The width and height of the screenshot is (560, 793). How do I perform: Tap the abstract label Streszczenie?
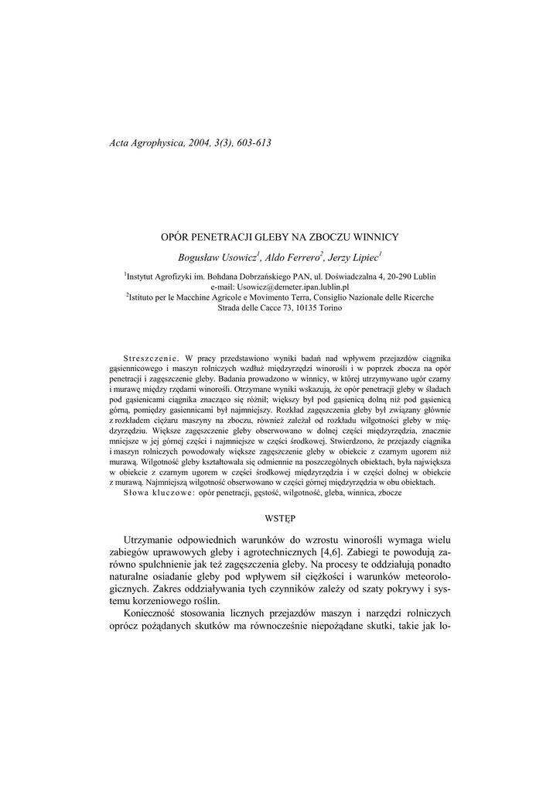(x=151, y=359)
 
